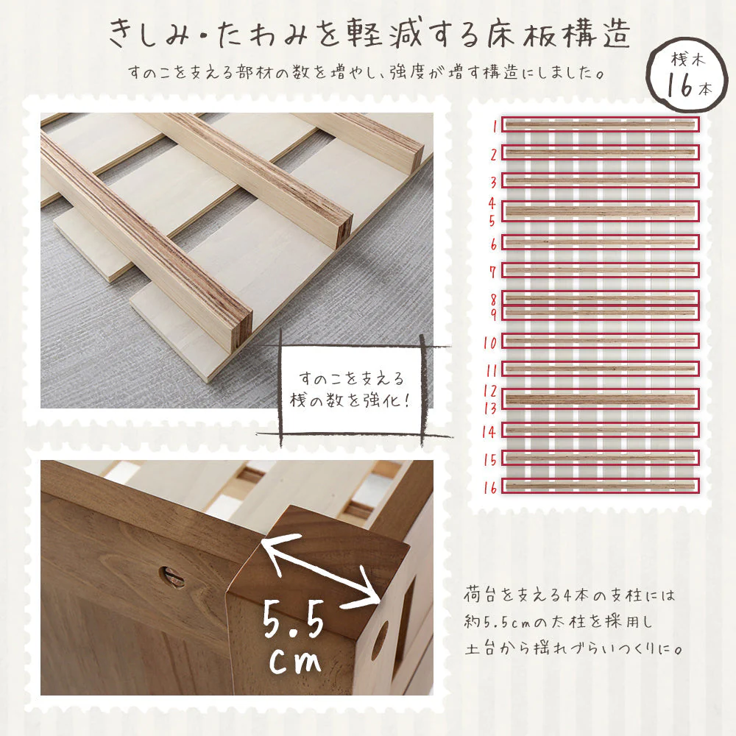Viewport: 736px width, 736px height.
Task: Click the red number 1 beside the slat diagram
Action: [494, 126]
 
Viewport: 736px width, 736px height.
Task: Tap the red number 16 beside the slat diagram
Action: [490, 488]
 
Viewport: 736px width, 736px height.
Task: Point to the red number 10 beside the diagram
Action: [490, 343]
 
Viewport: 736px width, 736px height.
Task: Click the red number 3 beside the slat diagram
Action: [493, 182]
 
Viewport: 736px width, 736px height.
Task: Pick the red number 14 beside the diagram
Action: [489, 431]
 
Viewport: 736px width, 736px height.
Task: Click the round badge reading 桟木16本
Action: [687, 76]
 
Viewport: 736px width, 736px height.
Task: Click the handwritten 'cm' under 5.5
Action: [295, 660]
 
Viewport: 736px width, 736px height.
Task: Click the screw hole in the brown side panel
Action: [171, 578]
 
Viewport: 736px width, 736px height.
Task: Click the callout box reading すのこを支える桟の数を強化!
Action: [351, 389]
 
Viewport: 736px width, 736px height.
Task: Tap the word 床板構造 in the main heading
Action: [558, 35]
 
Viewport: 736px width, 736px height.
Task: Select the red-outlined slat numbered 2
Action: [601, 152]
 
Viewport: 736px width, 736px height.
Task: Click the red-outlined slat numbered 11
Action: [601, 369]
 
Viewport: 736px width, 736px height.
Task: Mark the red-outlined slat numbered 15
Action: [601, 458]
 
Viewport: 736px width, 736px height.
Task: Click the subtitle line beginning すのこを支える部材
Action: [365, 72]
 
